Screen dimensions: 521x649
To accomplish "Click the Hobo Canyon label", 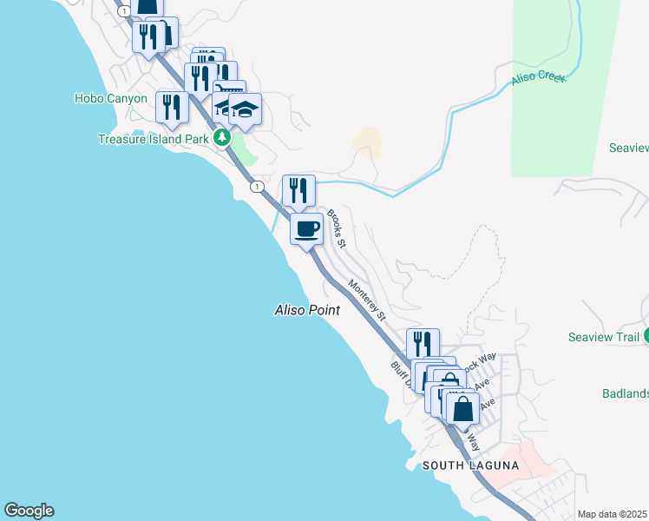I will [x=111, y=98].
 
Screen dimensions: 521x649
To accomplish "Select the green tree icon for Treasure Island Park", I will [x=222, y=136].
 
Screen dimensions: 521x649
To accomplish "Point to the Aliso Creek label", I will [x=538, y=77].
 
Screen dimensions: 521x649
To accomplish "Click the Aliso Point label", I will [x=306, y=310].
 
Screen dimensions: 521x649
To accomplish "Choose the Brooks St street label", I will [x=336, y=229].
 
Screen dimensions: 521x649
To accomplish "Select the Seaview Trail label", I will [x=604, y=337].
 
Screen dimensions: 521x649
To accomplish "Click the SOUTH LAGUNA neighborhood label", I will [x=470, y=465].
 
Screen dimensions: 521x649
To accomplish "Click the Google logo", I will [x=29, y=511].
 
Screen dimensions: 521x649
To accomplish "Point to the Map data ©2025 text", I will [x=613, y=514].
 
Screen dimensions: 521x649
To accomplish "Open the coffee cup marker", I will [x=306, y=230].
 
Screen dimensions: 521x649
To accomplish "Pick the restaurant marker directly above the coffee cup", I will [x=298, y=190].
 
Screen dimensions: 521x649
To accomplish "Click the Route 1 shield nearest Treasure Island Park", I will [x=257, y=186].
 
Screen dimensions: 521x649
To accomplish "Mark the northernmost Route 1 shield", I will [x=126, y=10].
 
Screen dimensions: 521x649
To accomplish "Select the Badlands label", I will [x=625, y=393].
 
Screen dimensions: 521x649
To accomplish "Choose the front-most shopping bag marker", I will [x=463, y=407].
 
